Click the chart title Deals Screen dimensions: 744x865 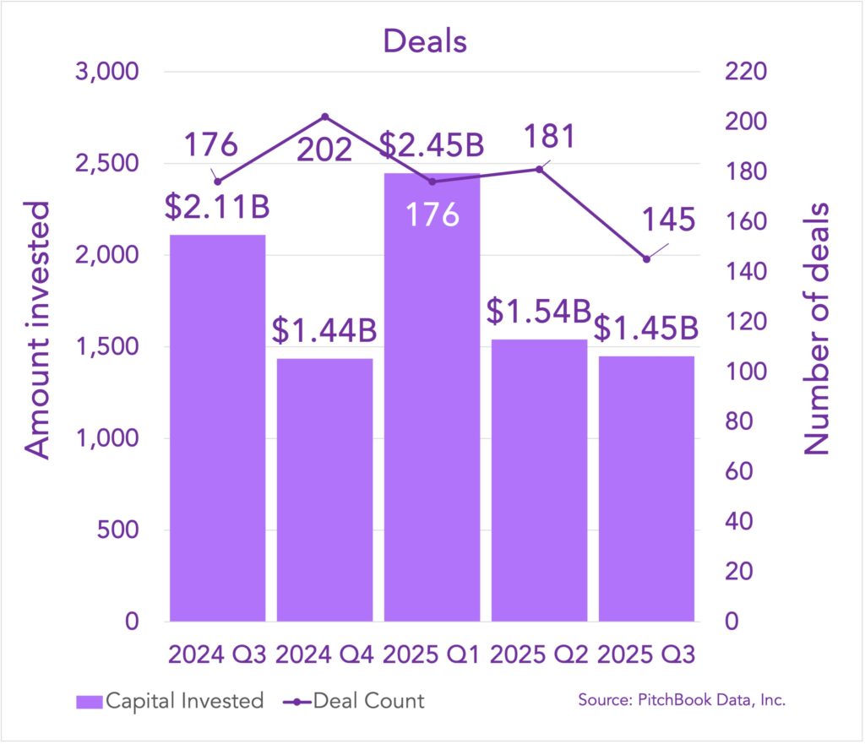click(425, 40)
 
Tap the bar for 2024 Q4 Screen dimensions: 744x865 click(324, 490)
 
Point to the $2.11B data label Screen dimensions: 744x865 click(218, 205)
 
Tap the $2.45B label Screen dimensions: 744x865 click(432, 144)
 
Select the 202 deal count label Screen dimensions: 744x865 click(324, 150)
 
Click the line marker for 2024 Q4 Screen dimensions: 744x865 click(325, 117)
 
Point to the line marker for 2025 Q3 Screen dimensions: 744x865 click(646, 259)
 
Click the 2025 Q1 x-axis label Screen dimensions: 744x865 click(432, 655)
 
